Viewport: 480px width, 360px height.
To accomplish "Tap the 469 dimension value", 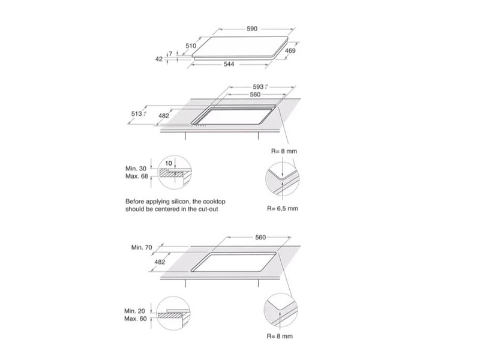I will [x=290, y=52].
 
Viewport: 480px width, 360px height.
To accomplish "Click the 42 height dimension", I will [x=159, y=59].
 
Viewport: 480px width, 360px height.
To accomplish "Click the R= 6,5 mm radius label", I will [x=282, y=209].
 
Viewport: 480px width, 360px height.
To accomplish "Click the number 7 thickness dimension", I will [x=170, y=54].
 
